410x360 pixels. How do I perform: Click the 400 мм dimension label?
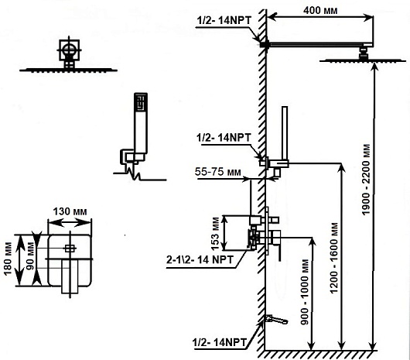pyautogui.click(x=320, y=11)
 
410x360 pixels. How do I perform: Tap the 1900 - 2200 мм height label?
pyautogui.click(x=367, y=180)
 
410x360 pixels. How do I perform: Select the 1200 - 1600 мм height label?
pyautogui.click(x=334, y=258)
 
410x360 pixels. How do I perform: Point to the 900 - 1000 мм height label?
pyautogui.click(x=305, y=292)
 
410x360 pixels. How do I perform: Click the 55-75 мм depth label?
pyautogui.click(x=217, y=172)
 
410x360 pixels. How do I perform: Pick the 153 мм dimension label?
pyautogui.click(x=217, y=234)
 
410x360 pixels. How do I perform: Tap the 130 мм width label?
pyautogui.click(x=70, y=211)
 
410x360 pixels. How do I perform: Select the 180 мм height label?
pyautogui.click(x=9, y=259)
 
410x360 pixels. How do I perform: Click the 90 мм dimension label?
pyautogui.click(x=30, y=257)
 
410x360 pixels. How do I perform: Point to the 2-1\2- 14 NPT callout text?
pyautogui.click(x=200, y=259)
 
